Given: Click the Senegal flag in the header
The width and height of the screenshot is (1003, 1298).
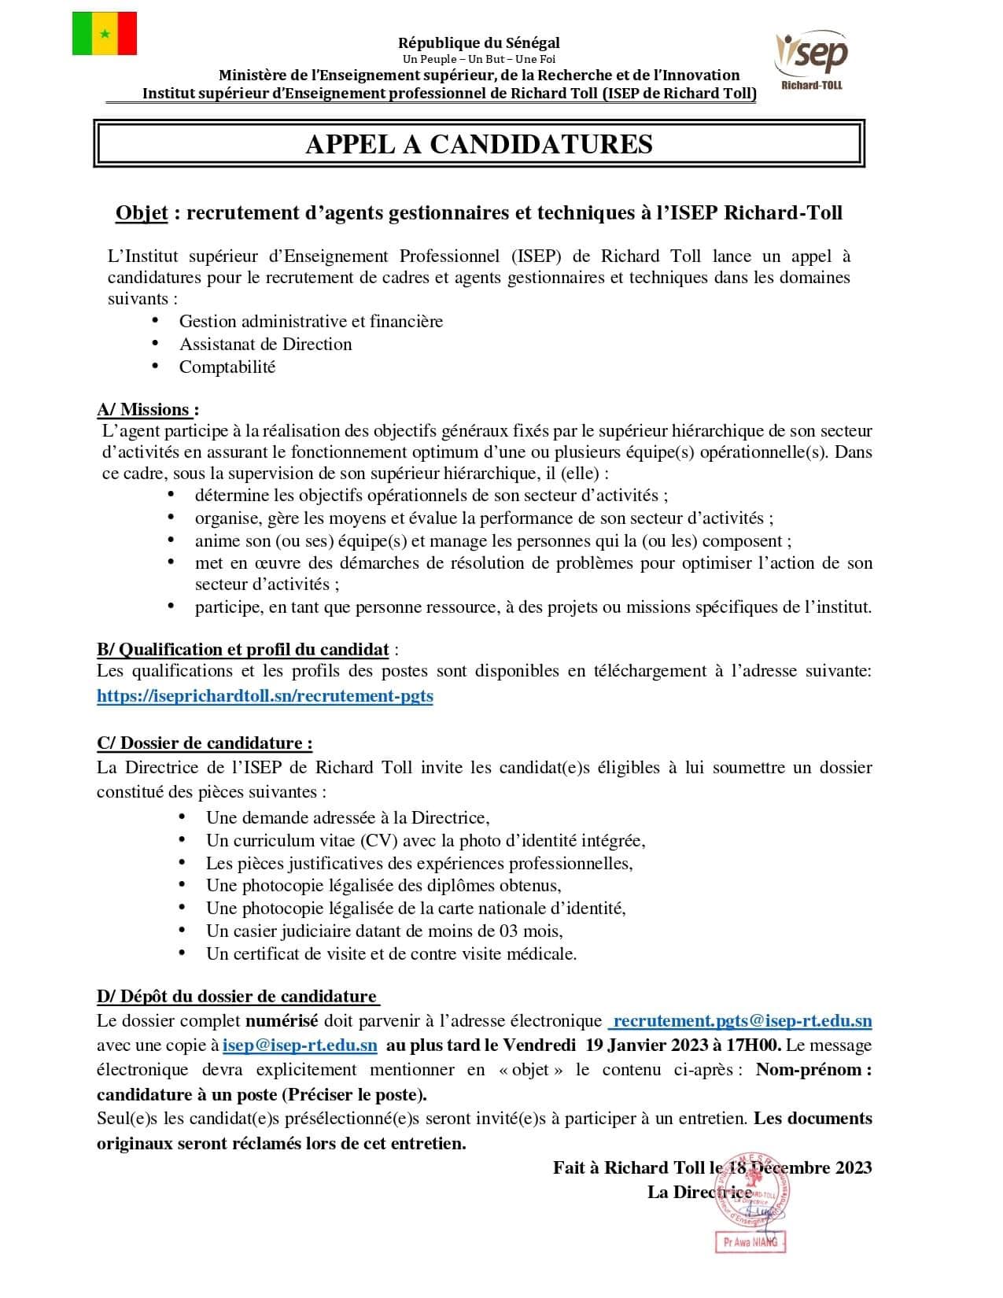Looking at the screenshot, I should pos(105,34).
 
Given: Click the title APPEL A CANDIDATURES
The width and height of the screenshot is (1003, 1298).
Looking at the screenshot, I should pos(478,144).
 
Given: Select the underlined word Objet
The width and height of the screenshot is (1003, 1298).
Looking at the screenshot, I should pos(142,213).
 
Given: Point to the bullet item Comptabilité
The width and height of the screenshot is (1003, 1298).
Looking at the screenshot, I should pos(227,367).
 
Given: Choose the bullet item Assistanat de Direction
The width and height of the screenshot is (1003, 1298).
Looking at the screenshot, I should pos(265,345).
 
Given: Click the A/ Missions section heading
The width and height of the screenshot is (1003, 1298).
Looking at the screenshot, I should pos(147,410).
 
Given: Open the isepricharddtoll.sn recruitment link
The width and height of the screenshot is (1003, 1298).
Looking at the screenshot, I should pos(265,696).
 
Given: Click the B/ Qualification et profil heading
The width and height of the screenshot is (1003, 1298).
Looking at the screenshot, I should pos(243,650).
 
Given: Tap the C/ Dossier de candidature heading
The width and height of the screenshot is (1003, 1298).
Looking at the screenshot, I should pos(205,743).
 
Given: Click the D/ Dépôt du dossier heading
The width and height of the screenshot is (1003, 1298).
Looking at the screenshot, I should pos(237,997).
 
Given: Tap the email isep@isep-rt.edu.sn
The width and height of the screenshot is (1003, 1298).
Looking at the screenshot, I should pos(300,1046).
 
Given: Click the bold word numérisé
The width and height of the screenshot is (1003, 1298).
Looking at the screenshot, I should pos(282,1021).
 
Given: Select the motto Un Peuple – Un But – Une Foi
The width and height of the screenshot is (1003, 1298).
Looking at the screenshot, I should pos(479,59).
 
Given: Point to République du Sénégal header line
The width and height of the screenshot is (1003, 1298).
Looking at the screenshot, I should pos(479,43).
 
